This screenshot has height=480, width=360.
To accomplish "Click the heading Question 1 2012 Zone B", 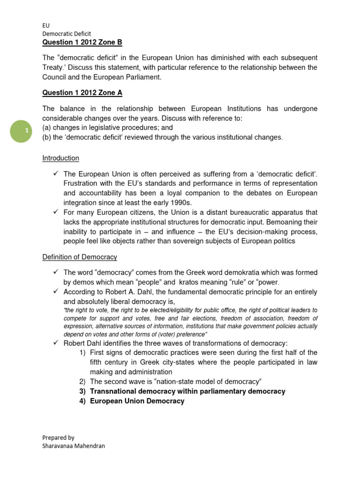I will tap(82, 43).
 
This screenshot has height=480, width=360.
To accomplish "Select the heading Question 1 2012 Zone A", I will tap(82, 93).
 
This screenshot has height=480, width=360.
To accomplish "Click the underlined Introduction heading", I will tap(60, 158).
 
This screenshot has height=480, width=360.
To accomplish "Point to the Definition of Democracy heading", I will tap(80, 257).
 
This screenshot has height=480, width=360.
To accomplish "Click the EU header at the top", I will tap(45, 26).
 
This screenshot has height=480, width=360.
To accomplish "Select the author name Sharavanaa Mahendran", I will tap(74, 446).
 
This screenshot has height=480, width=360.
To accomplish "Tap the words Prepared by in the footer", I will tap(58, 437).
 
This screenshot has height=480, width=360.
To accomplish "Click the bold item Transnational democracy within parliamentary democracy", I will tap(187, 391).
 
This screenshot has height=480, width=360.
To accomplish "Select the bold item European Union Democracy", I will tap(137, 401).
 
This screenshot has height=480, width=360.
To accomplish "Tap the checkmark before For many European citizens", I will tap(55, 212).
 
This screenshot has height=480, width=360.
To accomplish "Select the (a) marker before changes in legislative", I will tap(47, 127).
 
